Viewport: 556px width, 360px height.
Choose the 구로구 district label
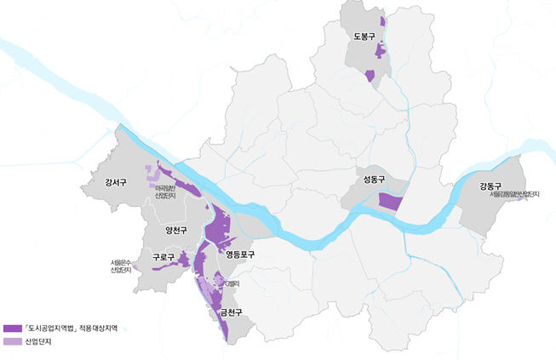[x=163, y=256]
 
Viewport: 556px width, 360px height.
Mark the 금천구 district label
[x=232, y=311]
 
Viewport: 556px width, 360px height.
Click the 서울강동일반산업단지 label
[x=514, y=195]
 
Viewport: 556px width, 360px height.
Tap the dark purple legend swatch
[x=13, y=328]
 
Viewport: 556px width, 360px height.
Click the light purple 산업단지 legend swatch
[x=13, y=342]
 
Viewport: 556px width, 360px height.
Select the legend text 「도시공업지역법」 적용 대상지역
[x=72, y=328]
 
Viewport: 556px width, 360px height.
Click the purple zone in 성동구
[x=389, y=202]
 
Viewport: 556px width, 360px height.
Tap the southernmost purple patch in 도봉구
[x=370, y=76]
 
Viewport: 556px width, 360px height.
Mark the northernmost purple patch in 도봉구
[x=382, y=20]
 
